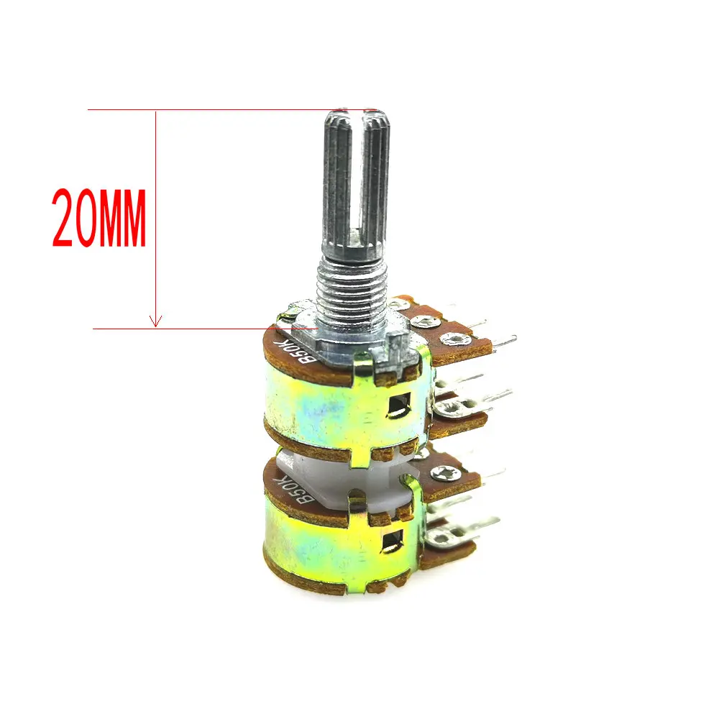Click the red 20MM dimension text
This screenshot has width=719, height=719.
[99, 219]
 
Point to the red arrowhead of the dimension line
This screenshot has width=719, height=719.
[156, 321]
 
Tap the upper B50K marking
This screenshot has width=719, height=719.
[294, 352]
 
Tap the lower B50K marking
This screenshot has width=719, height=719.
[294, 489]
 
